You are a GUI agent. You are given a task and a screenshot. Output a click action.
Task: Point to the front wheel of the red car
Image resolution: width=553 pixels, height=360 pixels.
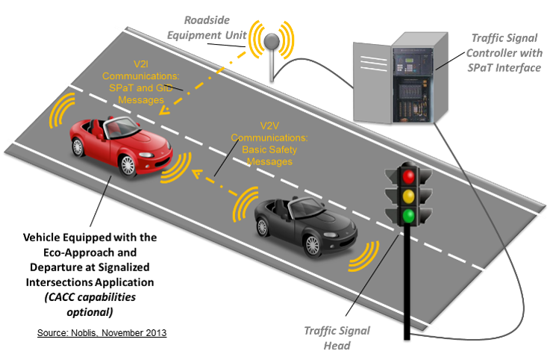point(128,166)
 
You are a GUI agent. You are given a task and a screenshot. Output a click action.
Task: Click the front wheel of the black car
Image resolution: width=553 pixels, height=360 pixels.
point(313,243)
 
